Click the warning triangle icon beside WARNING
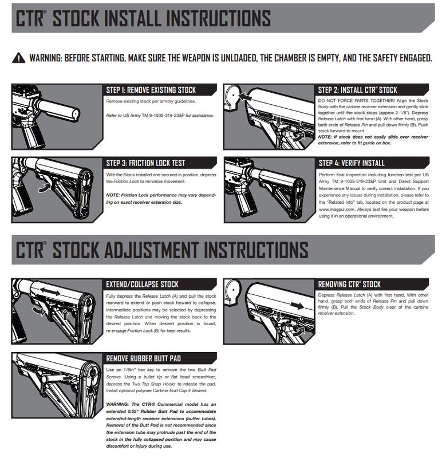click(19, 58)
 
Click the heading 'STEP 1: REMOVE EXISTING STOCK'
click(151, 90)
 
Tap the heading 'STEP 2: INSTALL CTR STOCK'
click(357, 90)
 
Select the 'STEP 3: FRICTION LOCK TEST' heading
click(145, 163)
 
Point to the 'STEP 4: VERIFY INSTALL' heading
click(351, 163)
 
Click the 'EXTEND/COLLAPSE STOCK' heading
click(143, 284)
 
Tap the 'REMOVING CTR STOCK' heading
click(349, 284)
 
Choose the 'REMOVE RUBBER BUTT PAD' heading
click(144, 358)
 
